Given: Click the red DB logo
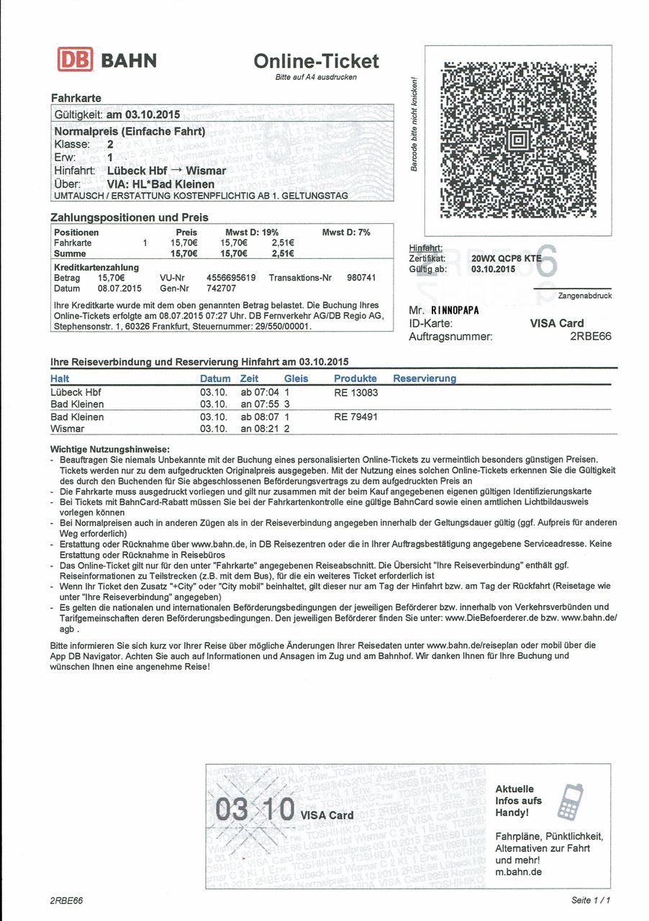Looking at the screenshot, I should (x=75, y=60).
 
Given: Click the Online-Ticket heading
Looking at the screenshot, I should (x=316, y=61).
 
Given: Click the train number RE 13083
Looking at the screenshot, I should (x=356, y=393).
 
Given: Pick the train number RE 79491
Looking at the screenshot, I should (x=356, y=417).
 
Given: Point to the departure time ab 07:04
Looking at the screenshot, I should (x=260, y=393).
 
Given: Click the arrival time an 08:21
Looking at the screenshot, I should (x=260, y=429).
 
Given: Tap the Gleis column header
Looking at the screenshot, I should (x=296, y=378).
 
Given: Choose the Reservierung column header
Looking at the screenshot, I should (x=425, y=378).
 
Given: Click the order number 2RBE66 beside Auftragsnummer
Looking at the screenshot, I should (x=591, y=336).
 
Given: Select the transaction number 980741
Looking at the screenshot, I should (x=362, y=277).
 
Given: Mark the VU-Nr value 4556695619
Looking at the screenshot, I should (x=231, y=277).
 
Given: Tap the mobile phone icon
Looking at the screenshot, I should (x=571, y=802).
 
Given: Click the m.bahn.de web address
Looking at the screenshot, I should (x=519, y=872).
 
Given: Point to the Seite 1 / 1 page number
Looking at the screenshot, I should (x=591, y=900).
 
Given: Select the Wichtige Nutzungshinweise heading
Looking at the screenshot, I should (x=109, y=449).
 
